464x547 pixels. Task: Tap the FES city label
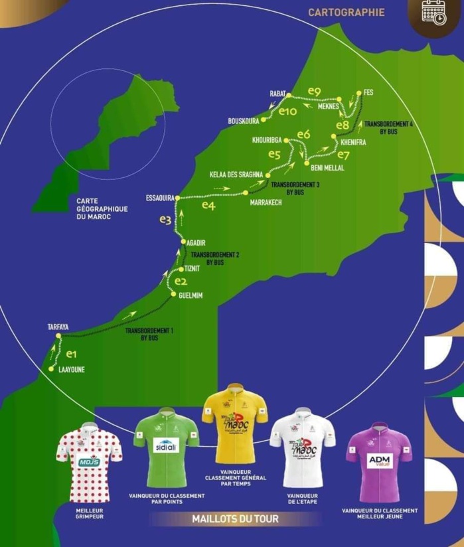[x=369, y=92]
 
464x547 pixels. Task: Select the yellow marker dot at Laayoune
[x=51, y=369]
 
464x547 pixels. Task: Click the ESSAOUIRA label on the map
[x=159, y=198]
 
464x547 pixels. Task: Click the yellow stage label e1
[x=72, y=354]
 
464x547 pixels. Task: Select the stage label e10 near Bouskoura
[x=287, y=112]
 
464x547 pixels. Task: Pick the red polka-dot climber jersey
[x=90, y=461]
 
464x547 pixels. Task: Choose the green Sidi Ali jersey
[x=166, y=447]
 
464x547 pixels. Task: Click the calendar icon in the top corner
[x=435, y=12]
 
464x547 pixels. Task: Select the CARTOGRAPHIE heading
[x=346, y=12]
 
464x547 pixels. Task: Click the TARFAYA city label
[x=58, y=327]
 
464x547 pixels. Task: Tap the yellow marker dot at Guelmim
[x=174, y=294]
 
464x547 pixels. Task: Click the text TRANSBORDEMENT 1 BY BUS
[x=149, y=334]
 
